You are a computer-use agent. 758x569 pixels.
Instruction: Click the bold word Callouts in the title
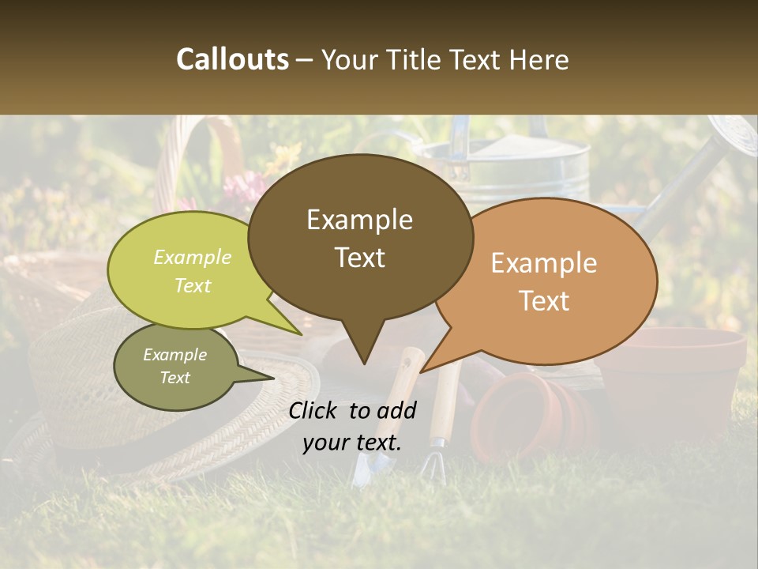pos(232,59)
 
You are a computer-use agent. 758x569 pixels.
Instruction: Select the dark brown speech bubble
pos(360,237)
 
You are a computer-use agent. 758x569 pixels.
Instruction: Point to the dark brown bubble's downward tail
pos(363,348)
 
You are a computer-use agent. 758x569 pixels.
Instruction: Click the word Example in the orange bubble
pos(544,263)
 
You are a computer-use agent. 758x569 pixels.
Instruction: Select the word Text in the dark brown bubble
pos(360,258)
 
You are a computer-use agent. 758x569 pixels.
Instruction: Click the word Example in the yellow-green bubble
pos(193,258)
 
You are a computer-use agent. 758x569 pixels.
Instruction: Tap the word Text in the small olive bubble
pos(174,378)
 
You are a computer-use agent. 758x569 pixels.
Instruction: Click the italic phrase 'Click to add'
pos(352,410)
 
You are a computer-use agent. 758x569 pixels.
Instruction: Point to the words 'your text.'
pos(352,442)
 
